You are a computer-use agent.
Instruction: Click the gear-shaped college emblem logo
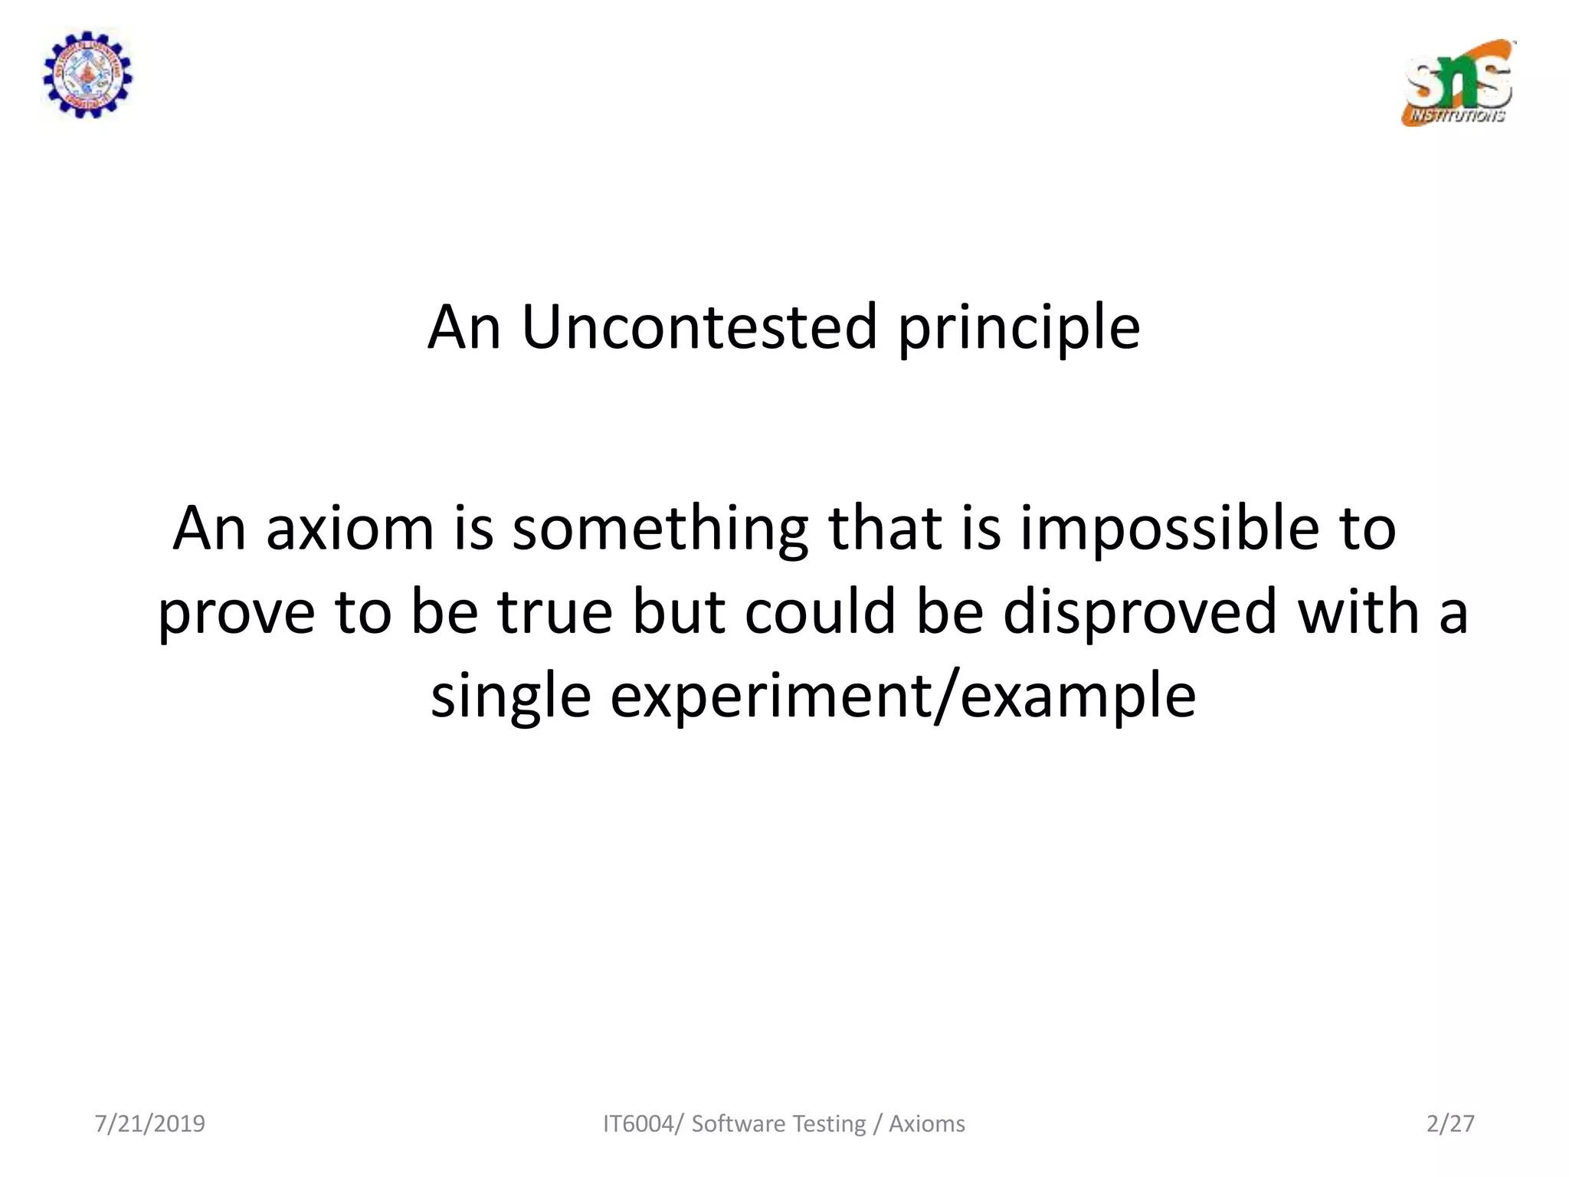click(87, 74)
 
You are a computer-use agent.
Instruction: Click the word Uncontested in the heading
click(699, 327)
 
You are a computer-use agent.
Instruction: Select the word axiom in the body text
click(350, 529)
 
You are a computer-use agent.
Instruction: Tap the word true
click(555, 611)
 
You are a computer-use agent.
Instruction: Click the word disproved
click(1139, 613)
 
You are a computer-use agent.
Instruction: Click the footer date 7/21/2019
click(150, 1123)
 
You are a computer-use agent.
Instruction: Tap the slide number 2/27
click(1449, 1123)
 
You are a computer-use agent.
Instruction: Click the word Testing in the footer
click(828, 1124)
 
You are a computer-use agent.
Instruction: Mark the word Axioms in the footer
click(926, 1123)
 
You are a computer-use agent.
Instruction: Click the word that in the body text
click(884, 529)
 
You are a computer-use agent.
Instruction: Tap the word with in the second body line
click(1358, 611)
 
